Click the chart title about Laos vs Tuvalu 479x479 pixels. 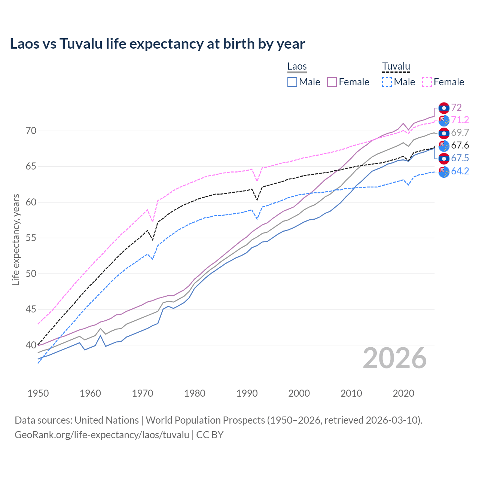coord(157,44)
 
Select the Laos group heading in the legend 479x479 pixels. coord(297,67)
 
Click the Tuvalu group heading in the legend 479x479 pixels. coord(396,67)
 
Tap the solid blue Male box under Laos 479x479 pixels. coord(292,82)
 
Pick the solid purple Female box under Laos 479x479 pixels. coord(332,82)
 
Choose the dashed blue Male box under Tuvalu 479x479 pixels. coord(387,82)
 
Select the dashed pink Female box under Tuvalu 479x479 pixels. coord(427,82)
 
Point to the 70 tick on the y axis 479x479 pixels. coord(31,131)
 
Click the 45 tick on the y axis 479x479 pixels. coord(31,309)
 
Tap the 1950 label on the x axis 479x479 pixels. coord(38,393)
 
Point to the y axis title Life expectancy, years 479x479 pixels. coord(16,239)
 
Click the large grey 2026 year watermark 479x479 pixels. coord(394,359)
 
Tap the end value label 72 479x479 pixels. coord(456,108)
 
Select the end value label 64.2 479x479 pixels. coord(460,171)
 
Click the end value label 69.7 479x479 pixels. coord(460,133)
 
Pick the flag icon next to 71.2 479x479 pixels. coord(444,120)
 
